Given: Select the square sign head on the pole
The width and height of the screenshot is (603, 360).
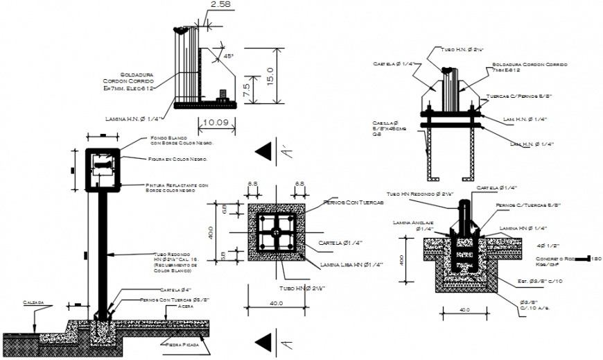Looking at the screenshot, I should tap(103, 169).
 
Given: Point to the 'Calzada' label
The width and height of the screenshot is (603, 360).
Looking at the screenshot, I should tap(33, 302).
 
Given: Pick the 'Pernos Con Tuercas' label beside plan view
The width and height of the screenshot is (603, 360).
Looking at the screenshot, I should tap(353, 203).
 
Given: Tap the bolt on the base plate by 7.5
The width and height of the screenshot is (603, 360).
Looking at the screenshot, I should tap(222, 95).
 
